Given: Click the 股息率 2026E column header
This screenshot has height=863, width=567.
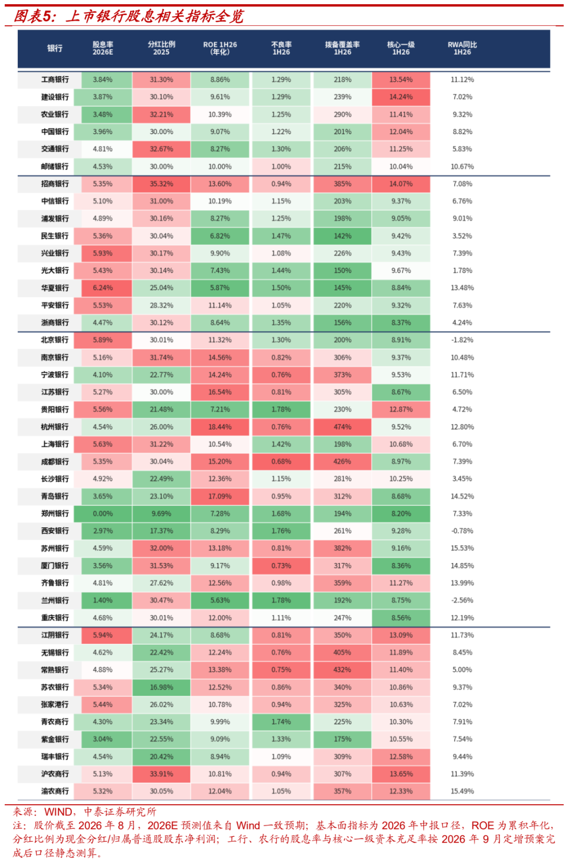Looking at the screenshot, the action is click(x=102, y=48).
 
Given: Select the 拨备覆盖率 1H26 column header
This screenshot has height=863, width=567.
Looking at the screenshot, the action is click(x=342, y=48).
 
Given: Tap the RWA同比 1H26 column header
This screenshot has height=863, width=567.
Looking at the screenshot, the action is click(x=462, y=48).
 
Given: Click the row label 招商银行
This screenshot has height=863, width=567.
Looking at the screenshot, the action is click(x=55, y=184).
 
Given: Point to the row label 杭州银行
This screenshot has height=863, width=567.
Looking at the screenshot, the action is click(x=55, y=427).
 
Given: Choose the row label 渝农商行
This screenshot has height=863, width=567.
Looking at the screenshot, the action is click(x=55, y=791).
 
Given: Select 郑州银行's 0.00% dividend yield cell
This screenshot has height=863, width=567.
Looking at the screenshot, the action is click(x=102, y=514).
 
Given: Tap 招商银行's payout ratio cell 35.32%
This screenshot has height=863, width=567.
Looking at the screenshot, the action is click(x=161, y=184).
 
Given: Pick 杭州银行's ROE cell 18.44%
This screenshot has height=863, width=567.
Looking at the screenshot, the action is click(x=219, y=427).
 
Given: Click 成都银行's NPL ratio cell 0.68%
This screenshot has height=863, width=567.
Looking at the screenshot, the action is click(x=281, y=462).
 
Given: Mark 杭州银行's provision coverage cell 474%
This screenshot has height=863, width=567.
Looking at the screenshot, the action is click(x=342, y=427).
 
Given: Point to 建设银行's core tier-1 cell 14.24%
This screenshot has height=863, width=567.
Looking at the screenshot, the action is click(x=401, y=97).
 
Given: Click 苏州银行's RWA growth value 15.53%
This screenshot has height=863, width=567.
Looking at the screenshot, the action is click(x=462, y=548).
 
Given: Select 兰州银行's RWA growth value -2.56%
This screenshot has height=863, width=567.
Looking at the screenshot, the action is click(x=462, y=600).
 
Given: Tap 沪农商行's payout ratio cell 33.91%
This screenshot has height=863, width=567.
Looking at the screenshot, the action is click(x=161, y=774).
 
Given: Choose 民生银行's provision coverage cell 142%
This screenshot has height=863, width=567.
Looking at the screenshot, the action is click(x=342, y=236).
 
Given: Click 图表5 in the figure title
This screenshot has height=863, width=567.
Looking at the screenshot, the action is click(x=33, y=16).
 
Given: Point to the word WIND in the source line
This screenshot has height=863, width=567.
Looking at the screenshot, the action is click(x=58, y=812).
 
